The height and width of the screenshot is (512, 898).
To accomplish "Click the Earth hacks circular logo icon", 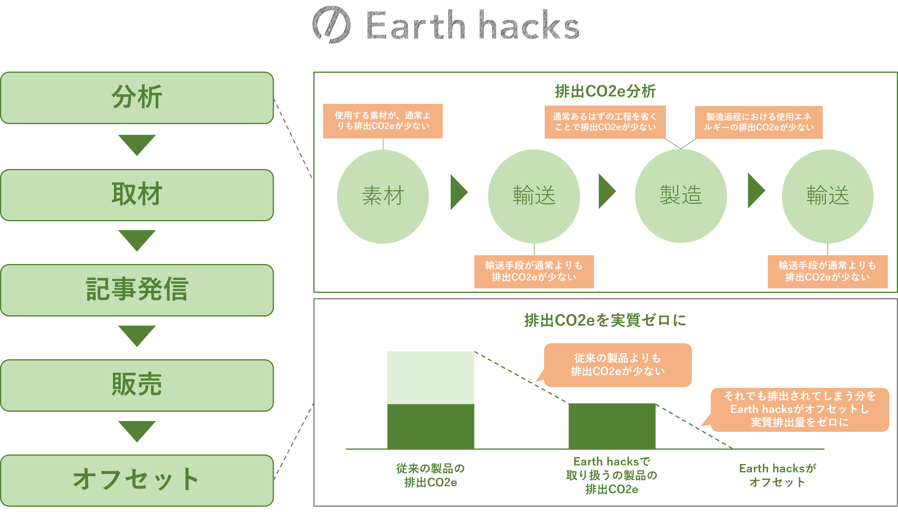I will [x=331, y=25].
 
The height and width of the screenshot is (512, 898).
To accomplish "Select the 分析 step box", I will [x=137, y=98].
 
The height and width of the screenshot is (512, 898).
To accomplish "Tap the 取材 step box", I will [x=137, y=195].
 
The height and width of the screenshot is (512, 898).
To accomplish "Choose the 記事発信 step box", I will [x=137, y=290].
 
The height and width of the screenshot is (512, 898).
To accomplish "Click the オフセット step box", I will [x=137, y=480].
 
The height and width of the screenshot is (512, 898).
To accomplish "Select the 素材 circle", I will [x=383, y=196].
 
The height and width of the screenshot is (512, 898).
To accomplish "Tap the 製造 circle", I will [x=681, y=196].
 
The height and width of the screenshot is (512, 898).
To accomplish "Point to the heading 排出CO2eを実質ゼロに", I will [x=605, y=320].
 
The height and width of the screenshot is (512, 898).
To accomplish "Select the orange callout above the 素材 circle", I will [x=383, y=121].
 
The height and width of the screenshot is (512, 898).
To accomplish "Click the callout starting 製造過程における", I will [x=759, y=122].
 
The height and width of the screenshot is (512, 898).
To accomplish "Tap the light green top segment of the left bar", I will [x=431, y=377].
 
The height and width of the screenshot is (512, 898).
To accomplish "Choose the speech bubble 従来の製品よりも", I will [x=618, y=365].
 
